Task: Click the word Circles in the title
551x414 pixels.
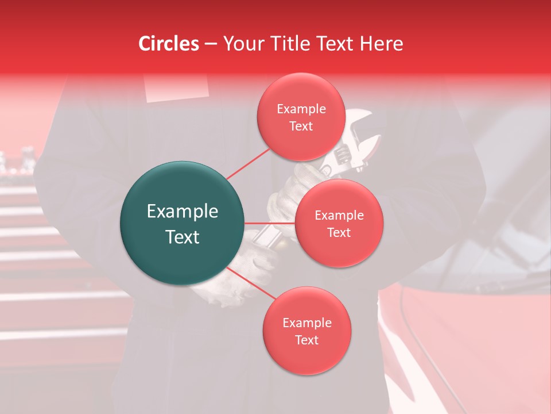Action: click(169, 44)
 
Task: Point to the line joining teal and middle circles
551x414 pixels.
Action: click(270, 223)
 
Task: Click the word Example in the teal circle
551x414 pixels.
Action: click(183, 212)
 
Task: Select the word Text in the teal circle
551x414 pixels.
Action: click(183, 237)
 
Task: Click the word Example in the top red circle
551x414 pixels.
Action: click(301, 109)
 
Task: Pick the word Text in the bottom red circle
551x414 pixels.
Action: click(306, 340)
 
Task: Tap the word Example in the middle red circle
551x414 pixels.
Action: click(339, 216)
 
